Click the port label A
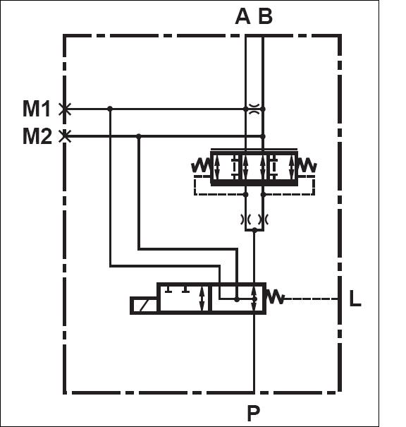(x=242, y=17)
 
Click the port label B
(x=265, y=17)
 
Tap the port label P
(x=254, y=413)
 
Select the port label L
(x=355, y=299)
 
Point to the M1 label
(x=37, y=109)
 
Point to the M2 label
(x=37, y=136)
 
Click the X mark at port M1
(x=65, y=109)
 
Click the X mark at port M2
(x=65, y=136)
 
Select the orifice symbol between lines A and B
(x=254, y=109)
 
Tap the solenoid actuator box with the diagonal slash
(x=144, y=305)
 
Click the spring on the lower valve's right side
(x=275, y=297)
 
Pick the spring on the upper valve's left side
(x=201, y=164)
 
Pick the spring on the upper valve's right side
(x=307, y=164)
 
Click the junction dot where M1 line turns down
(x=110, y=109)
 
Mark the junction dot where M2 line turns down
(x=139, y=136)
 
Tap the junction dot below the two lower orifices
(x=254, y=230)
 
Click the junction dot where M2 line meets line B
(x=263, y=136)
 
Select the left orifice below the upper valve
(x=245, y=219)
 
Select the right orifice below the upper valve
(x=263, y=219)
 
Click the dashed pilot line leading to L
(x=312, y=299)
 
